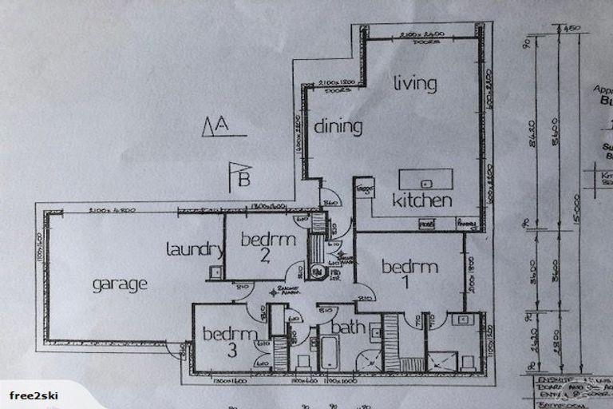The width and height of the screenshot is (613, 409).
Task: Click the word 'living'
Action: [415, 83]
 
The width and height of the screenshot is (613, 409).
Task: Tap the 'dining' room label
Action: [338, 126]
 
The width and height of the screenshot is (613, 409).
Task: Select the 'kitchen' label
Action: [422, 201]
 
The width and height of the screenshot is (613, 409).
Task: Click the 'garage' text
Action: [120, 283]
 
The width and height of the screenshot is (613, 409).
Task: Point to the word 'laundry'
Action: [194, 249]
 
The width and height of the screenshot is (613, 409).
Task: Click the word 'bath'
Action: [348, 327]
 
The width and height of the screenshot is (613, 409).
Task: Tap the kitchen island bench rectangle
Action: [425, 179]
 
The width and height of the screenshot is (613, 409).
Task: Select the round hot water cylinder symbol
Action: [317, 272]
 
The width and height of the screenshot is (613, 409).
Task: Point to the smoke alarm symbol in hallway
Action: [274, 292]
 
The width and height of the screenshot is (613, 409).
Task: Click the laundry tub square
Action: [216, 272]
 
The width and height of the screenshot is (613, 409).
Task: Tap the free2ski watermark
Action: [33, 395]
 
